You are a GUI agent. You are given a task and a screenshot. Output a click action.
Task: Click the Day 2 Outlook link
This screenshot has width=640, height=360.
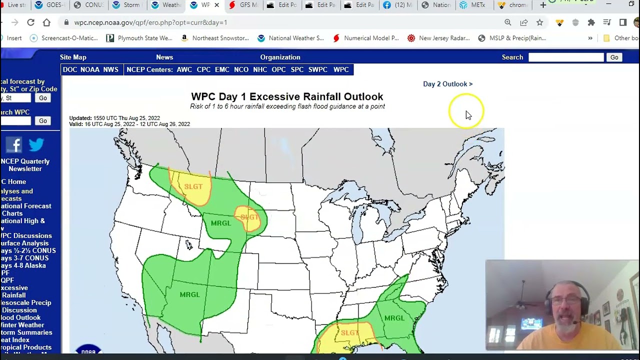coord(447,84)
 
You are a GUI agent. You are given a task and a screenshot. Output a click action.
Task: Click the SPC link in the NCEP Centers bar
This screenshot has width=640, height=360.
coord(297,69)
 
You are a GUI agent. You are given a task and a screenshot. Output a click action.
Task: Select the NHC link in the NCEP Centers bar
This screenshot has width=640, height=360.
coord(260,69)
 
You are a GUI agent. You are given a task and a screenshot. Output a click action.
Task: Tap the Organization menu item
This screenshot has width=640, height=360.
coord(280,57)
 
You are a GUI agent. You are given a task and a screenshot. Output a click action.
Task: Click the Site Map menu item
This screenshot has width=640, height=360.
coord(73,57)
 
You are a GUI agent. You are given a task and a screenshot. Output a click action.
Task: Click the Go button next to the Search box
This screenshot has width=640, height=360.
coord(614,57)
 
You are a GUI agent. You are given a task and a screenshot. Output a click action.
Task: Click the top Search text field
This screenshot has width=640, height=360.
coord(566,57)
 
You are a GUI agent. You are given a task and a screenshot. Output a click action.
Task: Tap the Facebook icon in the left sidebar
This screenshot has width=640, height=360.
coord(14,145)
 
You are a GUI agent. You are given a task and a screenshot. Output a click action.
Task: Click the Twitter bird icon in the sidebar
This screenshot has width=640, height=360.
coord(36,145)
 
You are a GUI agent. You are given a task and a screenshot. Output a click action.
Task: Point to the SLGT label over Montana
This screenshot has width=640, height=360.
coord(193,186)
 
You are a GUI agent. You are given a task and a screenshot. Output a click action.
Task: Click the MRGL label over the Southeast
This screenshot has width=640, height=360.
coord(394,318)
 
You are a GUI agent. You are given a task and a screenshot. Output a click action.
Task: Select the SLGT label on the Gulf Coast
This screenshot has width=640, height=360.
coord(350,333)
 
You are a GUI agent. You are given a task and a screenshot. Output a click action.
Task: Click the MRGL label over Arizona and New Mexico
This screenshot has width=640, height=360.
coord(189,294)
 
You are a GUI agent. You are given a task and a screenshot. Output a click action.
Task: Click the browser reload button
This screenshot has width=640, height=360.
coord(30,22)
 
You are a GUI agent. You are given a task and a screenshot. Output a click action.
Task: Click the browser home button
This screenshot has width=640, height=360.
coord(46,22)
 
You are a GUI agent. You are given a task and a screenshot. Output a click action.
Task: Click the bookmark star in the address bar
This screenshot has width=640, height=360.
coord(539,22)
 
